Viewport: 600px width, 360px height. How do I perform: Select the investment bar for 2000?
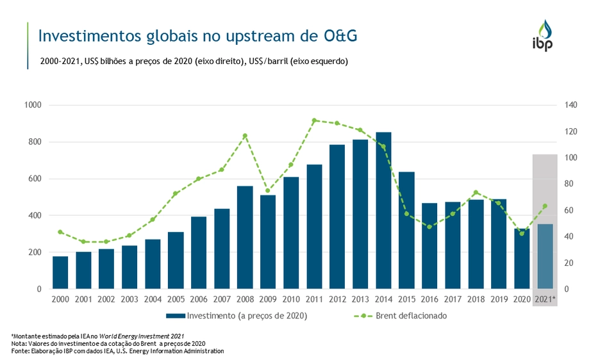tap(60, 272)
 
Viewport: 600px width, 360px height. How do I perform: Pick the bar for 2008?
tap(245, 237)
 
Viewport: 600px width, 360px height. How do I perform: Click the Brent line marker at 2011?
tap(314, 120)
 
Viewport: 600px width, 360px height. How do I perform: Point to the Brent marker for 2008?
tap(245, 136)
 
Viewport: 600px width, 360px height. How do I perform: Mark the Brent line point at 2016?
tap(429, 227)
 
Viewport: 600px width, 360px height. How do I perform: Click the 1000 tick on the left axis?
tap(32, 105)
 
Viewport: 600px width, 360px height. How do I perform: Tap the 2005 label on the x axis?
tap(176, 299)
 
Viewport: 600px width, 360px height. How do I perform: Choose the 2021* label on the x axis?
tap(545, 299)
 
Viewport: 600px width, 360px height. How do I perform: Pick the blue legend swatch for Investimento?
tap(176, 316)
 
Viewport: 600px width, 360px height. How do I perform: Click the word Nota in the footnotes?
tap(18, 344)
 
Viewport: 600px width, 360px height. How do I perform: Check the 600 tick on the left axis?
tap(35, 179)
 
